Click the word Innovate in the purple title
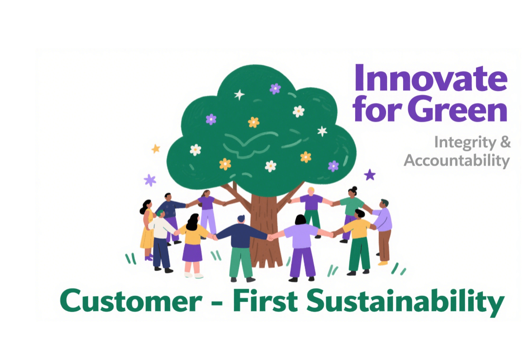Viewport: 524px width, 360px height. pos(431,78)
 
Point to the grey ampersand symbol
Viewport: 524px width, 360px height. pos(506,142)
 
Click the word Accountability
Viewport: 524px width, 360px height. pos(457,161)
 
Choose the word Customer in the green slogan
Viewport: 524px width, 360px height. pos(131,301)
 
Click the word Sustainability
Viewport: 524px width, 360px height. pos(405,302)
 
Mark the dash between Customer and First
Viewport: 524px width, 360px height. pos(217,303)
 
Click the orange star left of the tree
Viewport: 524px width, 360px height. pos(156,149)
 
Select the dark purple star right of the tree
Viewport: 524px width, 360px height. pos(369,174)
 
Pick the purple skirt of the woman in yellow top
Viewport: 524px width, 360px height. pos(192,253)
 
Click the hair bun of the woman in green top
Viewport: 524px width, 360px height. pos(355,188)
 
